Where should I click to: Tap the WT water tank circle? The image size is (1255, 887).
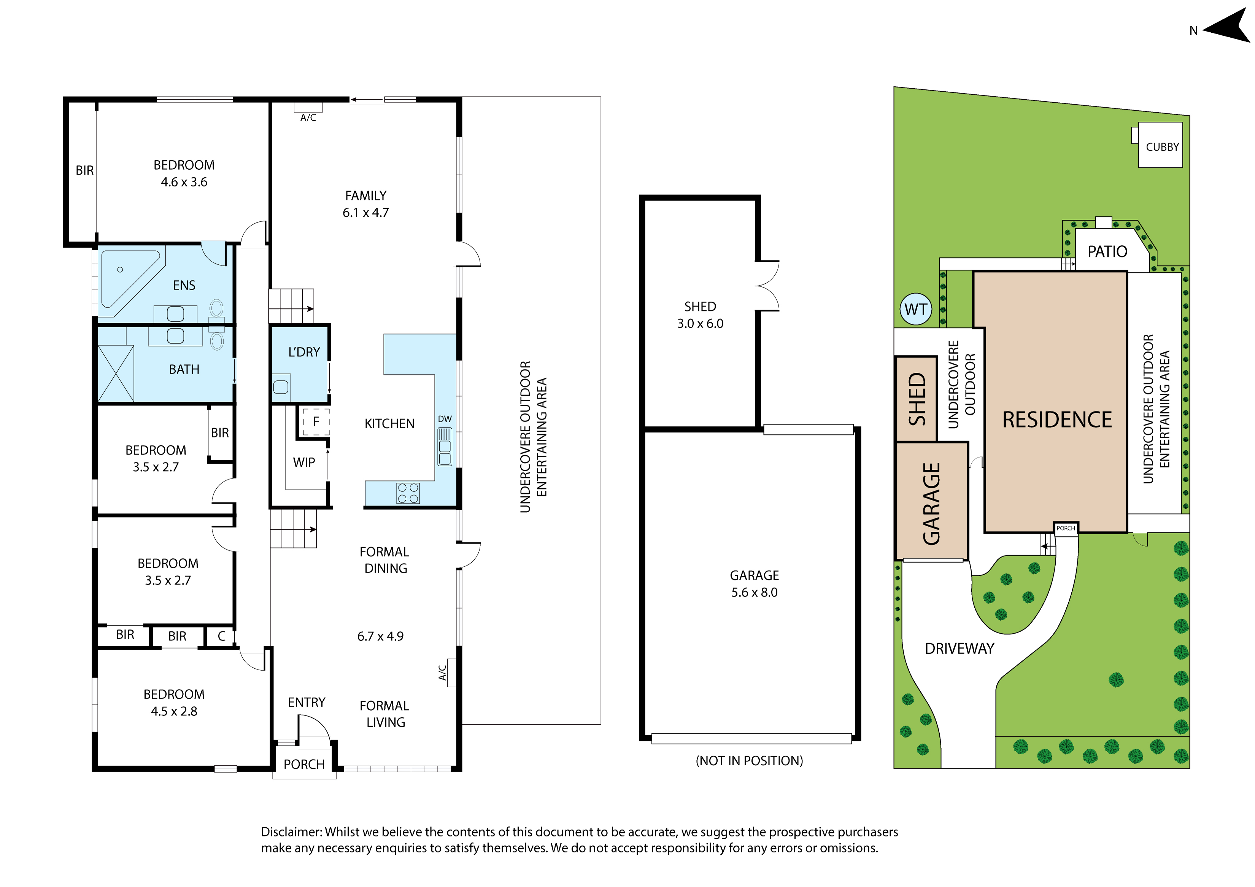pyautogui.click(x=915, y=309)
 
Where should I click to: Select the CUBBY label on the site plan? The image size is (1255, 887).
pyautogui.click(x=1162, y=147)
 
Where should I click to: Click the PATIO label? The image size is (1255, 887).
pyautogui.click(x=1107, y=251)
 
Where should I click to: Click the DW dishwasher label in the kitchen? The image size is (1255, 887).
pyautogui.click(x=445, y=419)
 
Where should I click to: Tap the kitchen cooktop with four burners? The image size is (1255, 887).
pyautogui.click(x=408, y=493)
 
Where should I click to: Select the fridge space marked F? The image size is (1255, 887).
pyautogui.click(x=316, y=422)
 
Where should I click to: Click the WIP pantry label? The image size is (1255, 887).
pyautogui.click(x=304, y=463)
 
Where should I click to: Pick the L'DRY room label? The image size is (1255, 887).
pyautogui.click(x=304, y=352)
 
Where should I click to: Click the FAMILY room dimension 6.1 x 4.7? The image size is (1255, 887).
pyautogui.click(x=366, y=213)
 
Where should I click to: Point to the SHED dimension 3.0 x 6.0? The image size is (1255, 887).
pyautogui.click(x=700, y=324)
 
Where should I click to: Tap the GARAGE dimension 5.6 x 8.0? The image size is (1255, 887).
pyautogui.click(x=754, y=593)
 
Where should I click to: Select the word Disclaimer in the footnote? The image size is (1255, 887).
pyautogui.click(x=291, y=832)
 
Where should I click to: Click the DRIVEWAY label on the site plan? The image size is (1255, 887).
pyautogui.click(x=959, y=649)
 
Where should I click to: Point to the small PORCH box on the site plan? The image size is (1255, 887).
pyautogui.click(x=1066, y=528)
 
